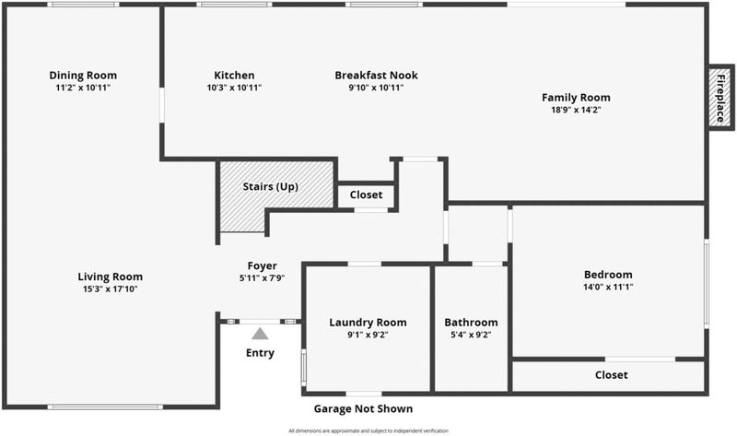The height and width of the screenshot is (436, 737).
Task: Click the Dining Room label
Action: tap(83, 75)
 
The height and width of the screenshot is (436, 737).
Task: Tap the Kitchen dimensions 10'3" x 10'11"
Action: tap(234, 88)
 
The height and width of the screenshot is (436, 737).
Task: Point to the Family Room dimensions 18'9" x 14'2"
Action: tap(576, 110)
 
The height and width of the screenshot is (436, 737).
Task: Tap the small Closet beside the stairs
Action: tap(366, 194)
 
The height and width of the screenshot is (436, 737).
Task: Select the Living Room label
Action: tap(110, 277)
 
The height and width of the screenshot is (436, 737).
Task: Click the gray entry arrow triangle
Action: tap(260, 334)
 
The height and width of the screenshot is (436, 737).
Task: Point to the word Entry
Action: tap(260, 353)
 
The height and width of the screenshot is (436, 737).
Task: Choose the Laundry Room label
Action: tap(368, 322)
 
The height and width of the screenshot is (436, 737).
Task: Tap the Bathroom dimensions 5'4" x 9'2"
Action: tap(471, 335)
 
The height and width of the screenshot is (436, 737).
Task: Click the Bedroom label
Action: tap(608, 274)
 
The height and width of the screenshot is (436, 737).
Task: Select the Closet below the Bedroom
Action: tap(611, 375)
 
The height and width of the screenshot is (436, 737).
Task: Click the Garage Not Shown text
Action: tap(363, 408)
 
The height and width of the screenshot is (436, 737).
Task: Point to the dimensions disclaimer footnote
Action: tap(368, 430)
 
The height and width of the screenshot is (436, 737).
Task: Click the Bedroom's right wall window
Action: tap(707, 284)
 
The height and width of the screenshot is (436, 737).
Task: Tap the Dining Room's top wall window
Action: tap(83, 5)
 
